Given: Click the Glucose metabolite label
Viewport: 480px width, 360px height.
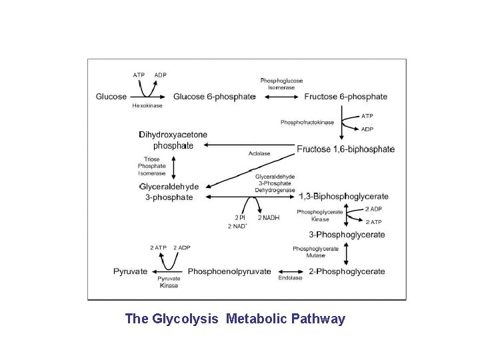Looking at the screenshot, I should point(111,97).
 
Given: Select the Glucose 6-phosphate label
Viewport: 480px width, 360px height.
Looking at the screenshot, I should point(214,97).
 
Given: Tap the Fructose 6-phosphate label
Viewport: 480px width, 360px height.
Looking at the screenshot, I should point(345,97).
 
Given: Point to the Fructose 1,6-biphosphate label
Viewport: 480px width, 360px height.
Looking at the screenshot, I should point(345,149).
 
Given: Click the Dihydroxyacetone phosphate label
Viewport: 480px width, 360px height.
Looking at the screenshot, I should point(173,140).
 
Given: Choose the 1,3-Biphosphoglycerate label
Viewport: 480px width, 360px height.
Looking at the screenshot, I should point(344,197).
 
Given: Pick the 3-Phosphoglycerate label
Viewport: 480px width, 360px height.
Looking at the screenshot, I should point(347,235).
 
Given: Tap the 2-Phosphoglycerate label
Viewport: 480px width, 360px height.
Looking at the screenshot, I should point(347,271).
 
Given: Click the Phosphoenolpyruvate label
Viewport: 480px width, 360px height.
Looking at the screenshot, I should point(229,271).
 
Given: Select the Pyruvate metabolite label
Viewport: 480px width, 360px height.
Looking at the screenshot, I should point(130,271).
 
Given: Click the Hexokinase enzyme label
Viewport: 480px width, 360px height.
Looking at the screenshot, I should point(147,106).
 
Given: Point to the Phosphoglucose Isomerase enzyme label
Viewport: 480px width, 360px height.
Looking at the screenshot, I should point(281,84).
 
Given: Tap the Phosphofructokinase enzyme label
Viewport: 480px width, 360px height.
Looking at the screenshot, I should point(307,123).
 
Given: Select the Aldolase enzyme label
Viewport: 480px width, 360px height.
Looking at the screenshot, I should point(259,154).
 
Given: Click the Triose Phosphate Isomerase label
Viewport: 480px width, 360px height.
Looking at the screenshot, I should point(152,166).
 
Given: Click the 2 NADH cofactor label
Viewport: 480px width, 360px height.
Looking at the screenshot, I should point(269,218).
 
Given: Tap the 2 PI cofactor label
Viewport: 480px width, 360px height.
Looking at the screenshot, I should point(240,218).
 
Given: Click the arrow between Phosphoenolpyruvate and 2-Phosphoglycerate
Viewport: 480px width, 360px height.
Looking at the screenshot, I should point(291,271).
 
